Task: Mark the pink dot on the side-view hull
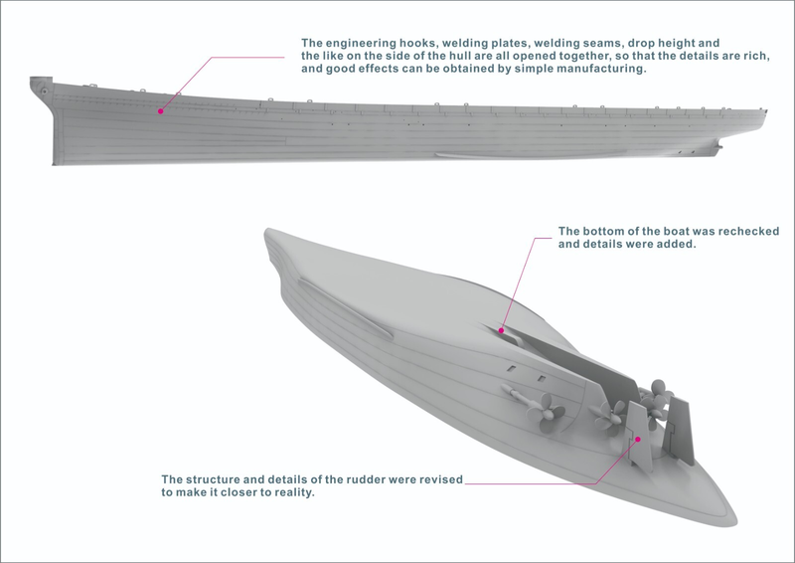coord(160,111)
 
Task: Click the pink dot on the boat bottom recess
coord(502,329)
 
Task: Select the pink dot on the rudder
coord(639,436)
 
